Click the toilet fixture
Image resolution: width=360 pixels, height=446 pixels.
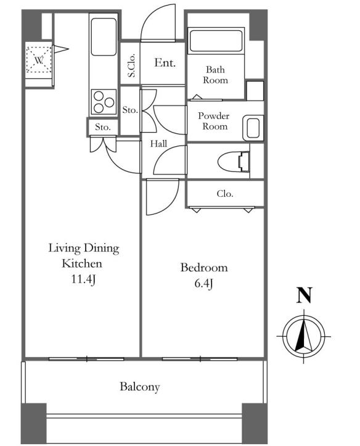click(x=234, y=162)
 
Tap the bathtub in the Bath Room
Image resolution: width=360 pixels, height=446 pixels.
click(x=216, y=40)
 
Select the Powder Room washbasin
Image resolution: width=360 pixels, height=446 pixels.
click(x=253, y=128)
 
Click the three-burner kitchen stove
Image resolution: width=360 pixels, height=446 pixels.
click(x=104, y=102)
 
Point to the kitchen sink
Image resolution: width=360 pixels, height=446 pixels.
click(x=104, y=37)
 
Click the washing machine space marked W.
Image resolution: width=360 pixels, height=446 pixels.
click(x=39, y=60)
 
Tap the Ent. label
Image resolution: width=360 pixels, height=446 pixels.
click(x=165, y=62)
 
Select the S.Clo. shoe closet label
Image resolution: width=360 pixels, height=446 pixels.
click(x=131, y=66)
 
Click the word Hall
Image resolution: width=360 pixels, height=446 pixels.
click(x=158, y=144)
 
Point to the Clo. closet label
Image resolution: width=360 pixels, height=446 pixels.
click(x=225, y=194)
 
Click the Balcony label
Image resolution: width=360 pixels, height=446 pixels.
click(x=140, y=387)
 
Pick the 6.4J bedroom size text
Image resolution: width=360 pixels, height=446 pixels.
click(x=203, y=284)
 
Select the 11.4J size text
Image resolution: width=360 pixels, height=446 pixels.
click(x=83, y=279)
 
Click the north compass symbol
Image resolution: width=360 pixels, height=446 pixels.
click(x=304, y=336)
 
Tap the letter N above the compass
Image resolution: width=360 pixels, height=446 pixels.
click(x=305, y=295)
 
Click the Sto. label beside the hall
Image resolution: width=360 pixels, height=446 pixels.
click(x=130, y=110)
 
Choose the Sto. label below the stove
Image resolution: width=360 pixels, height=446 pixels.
click(x=102, y=127)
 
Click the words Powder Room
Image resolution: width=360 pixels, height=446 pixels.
click(x=214, y=121)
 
